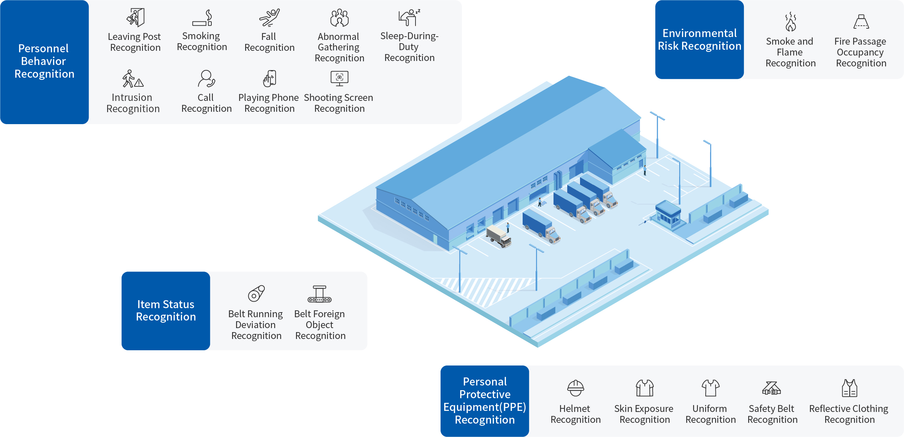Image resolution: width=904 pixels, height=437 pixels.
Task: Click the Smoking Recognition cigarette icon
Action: pyautogui.click(x=202, y=18)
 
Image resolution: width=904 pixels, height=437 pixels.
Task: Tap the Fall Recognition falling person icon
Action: pyautogui.click(x=269, y=18)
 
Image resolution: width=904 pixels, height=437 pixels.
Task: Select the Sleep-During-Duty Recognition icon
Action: pyautogui.click(x=409, y=17)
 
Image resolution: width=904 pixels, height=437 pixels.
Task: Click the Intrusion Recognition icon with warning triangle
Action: pyautogui.click(x=133, y=79)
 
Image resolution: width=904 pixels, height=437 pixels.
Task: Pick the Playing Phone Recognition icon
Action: pyautogui.click(x=269, y=78)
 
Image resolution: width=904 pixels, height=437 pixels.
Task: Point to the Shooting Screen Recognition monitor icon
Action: pyautogui.click(x=339, y=78)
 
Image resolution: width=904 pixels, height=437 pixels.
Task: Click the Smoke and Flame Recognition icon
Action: pyautogui.click(x=790, y=22)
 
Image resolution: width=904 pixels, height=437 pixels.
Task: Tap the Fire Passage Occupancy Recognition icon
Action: pyautogui.click(x=861, y=22)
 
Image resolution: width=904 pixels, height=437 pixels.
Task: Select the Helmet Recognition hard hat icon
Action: pyautogui.click(x=575, y=388)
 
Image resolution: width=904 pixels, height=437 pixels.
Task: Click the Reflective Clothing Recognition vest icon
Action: pyautogui.click(x=849, y=388)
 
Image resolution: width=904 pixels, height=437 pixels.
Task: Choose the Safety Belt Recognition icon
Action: pyautogui.click(x=771, y=388)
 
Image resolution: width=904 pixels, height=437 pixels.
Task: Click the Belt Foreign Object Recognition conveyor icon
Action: pyautogui.click(x=320, y=294)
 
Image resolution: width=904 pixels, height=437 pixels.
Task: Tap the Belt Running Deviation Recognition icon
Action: pyautogui.click(x=256, y=293)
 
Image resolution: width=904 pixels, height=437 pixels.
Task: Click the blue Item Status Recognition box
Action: pyautogui.click(x=166, y=311)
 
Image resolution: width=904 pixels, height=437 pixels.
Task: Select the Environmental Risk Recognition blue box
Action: pyautogui.click(x=699, y=40)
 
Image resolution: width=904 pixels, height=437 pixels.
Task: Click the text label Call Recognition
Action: pyautogui.click(x=206, y=103)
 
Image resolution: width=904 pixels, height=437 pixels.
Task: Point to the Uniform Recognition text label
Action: pyautogui.click(x=710, y=414)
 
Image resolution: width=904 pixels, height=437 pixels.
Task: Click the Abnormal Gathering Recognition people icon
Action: pyautogui.click(x=339, y=18)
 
